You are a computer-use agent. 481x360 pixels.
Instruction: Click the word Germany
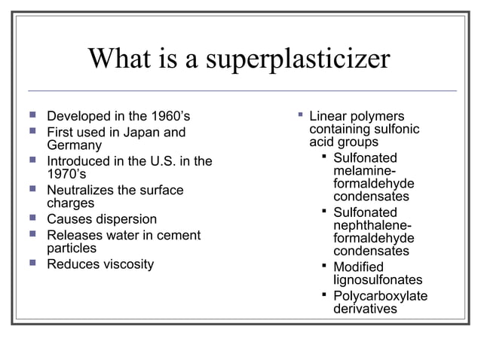pos(74,145)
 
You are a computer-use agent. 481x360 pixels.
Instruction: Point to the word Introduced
pos(78,161)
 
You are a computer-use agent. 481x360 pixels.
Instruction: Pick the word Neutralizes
pos(82,191)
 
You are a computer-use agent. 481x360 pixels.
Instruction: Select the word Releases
pos(75,236)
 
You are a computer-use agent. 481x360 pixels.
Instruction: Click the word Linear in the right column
pos(329,117)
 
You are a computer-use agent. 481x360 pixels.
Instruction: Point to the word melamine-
pos(365,172)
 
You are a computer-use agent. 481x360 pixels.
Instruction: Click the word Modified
pos(358,267)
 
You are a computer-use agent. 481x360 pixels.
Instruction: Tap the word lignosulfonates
pos(378,280)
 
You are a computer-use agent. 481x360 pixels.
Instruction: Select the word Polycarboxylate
pos(380,296)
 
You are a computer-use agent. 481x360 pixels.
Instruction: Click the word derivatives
pos(365,309)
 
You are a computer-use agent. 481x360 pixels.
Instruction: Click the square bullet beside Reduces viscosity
pos(32,264)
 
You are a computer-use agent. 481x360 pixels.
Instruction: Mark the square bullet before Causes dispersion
pos(32,219)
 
